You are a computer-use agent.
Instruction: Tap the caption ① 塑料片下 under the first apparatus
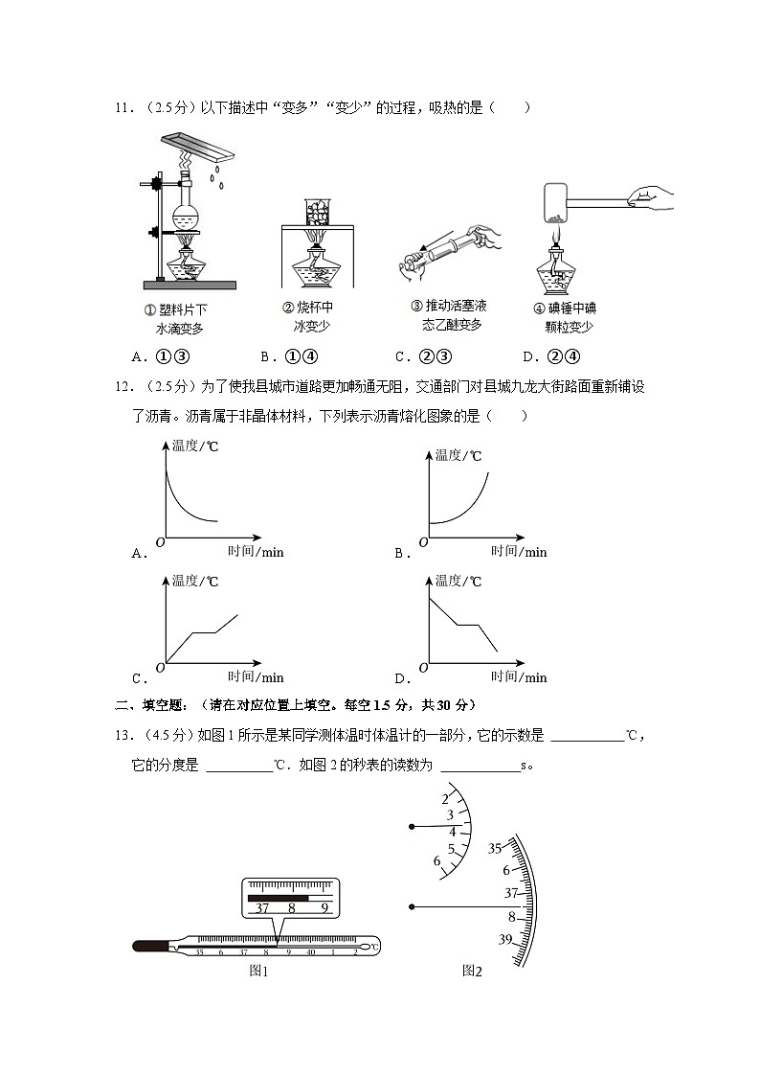(175, 309)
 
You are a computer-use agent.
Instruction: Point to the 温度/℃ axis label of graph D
(458, 581)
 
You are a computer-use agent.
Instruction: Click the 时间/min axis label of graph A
(255, 551)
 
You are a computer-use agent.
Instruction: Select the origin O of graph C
(159, 667)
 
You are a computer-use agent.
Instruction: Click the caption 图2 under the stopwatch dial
(471, 971)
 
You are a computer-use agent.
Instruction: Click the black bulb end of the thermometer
(151, 947)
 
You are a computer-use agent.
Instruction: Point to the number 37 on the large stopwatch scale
(510, 893)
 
